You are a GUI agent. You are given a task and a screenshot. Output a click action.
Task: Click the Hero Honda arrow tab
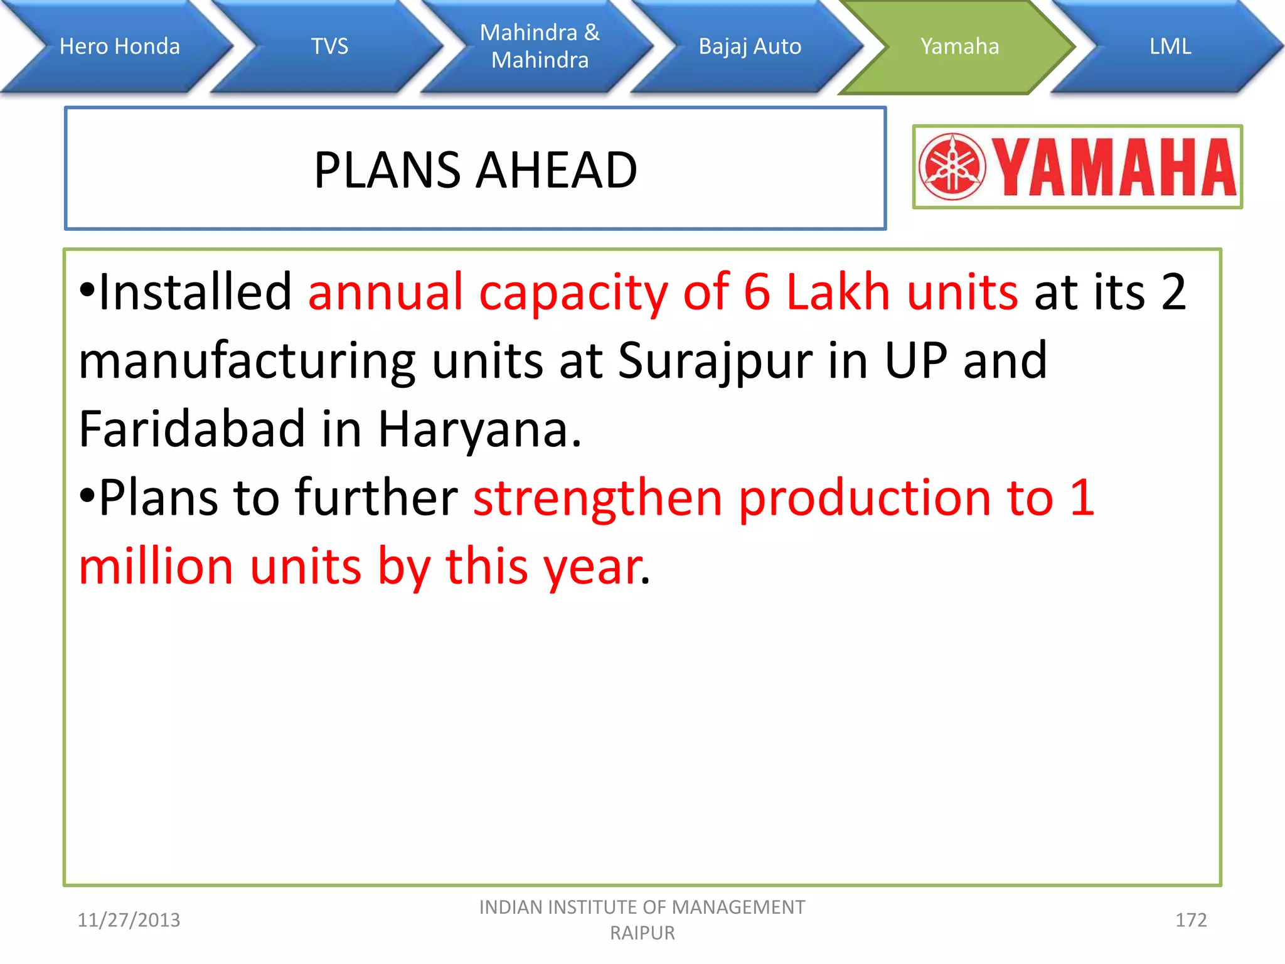119,46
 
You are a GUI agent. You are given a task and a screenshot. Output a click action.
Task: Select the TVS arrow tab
329,46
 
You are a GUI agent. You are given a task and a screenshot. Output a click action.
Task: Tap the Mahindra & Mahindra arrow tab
540,46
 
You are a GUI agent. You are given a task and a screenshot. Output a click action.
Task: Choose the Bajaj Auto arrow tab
750,46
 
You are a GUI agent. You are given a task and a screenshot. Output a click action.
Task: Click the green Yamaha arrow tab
959,46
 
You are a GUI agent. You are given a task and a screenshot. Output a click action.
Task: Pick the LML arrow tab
1170,46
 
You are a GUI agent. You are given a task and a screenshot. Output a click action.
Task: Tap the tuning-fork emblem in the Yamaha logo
952,167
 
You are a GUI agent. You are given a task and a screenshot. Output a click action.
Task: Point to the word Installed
195,292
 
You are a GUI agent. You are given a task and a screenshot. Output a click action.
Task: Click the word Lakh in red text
838,292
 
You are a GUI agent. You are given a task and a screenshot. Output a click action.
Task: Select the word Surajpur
715,361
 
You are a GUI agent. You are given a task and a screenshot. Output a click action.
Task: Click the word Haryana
479,430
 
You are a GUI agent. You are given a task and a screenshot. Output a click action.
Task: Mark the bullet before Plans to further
87,496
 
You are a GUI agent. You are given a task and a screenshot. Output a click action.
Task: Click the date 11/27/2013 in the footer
129,920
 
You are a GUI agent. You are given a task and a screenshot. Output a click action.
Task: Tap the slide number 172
1190,920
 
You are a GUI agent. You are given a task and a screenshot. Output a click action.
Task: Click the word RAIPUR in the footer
642,933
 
